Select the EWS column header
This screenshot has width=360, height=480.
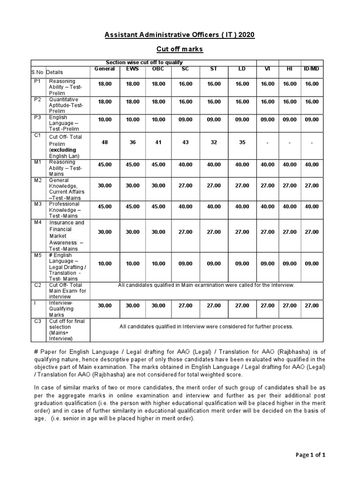point(133,69)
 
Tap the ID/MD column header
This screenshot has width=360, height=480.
point(312,69)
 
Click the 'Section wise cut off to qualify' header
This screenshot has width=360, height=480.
point(144,62)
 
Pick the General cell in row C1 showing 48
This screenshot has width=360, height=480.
point(105,142)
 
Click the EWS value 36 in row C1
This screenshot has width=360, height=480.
point(133,142)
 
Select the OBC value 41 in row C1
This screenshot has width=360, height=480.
point(158,142)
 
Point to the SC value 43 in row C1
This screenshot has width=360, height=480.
point(186,142)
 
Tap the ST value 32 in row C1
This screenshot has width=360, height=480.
point(214,142)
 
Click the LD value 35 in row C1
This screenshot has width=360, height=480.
point(242,142)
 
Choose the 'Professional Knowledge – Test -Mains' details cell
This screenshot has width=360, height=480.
point(68,210)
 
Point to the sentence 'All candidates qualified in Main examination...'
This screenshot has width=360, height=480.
point(206,285)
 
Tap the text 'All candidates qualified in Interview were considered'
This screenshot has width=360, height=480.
point(206,326)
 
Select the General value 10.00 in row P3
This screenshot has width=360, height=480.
point(105,120)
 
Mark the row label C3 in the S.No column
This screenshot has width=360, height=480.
point(37,321)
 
